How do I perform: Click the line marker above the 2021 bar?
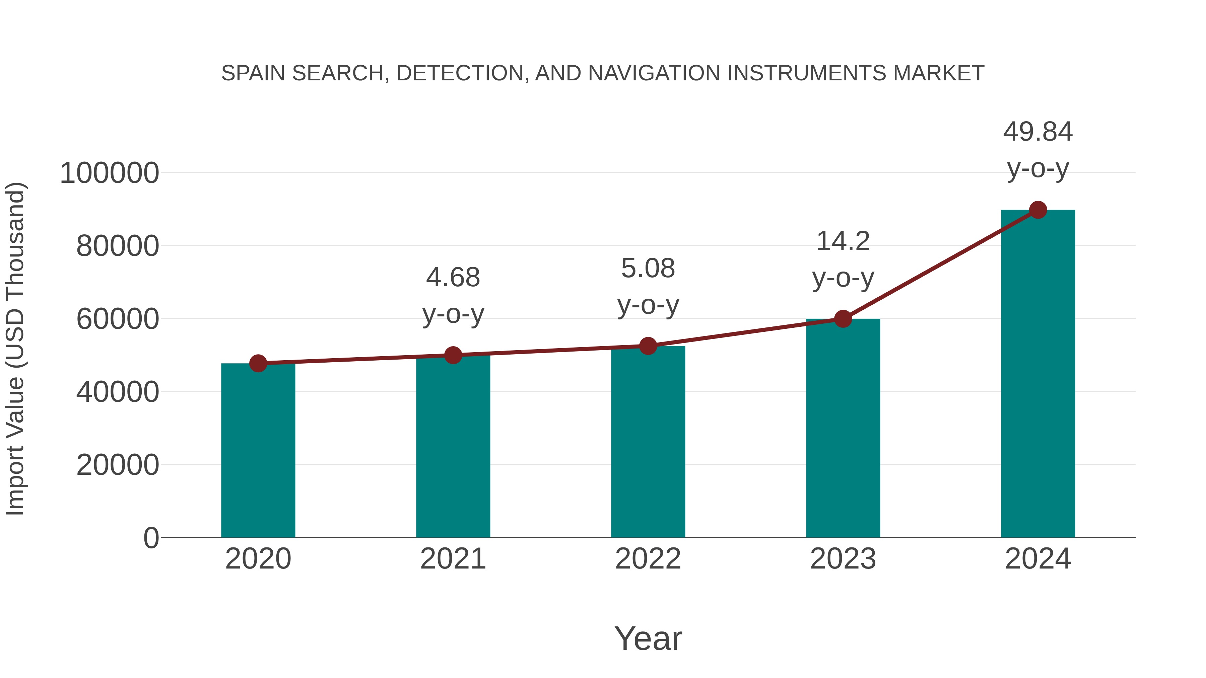pos(453,355)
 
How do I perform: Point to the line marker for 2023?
pos(843,319)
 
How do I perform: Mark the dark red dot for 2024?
pos(1038,210)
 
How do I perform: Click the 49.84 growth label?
pos(1037,132)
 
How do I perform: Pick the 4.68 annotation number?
pos(453,278)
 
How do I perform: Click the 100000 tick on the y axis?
pos(110,173)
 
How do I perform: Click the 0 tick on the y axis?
pos(151,538)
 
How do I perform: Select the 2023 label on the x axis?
pos(843,559)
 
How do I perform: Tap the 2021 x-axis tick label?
pos(453,559)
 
